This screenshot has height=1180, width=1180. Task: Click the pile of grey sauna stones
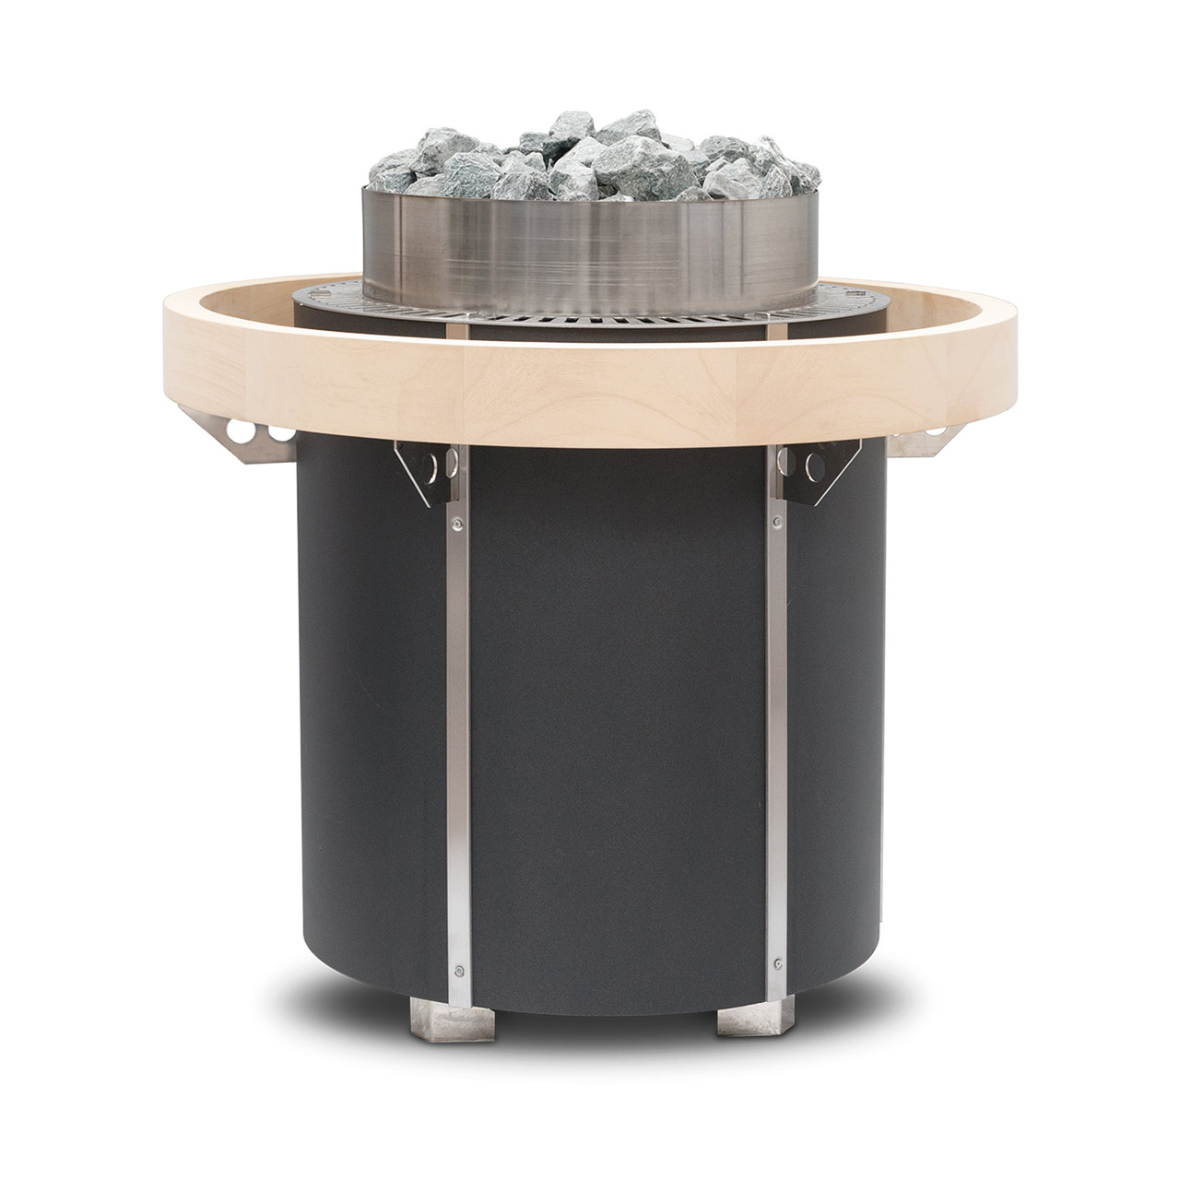click(x=590, y=161)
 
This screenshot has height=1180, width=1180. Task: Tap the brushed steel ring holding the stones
click(x=590, y=235)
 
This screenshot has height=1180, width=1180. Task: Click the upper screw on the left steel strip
click(x=454, y=525)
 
